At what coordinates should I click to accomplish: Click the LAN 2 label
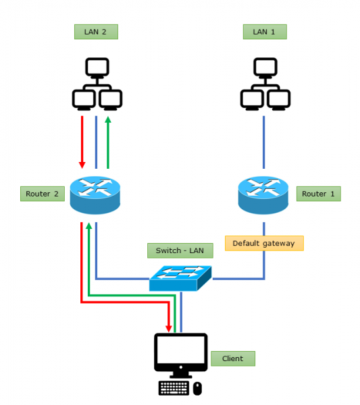point(95,32)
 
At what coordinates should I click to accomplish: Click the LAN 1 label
point(264,32)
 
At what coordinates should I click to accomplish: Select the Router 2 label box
point(42,194)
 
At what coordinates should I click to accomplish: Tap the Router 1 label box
point(318,194)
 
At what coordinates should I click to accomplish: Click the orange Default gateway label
point(264,243)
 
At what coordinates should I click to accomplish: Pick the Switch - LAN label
point(180,250)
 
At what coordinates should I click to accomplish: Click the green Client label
point(233,358)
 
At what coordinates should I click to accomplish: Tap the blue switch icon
point(180,277)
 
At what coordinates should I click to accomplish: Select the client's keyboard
point(174,387)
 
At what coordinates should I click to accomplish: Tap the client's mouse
point(197,388)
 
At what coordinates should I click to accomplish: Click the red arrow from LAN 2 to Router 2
point(82,142)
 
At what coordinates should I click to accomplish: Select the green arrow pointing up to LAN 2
point(107,142)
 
